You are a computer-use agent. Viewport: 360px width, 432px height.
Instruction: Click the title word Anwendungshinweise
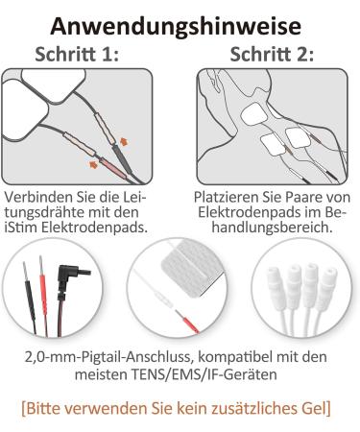tap(176, 27)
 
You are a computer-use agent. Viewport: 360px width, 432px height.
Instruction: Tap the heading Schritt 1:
tap(77, 54)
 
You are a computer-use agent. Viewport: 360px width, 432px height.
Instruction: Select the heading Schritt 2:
tap(272, 54)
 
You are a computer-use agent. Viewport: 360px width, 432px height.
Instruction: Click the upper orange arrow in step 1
tap(124, 141)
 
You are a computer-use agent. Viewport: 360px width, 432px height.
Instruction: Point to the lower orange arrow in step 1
tap(93, 164)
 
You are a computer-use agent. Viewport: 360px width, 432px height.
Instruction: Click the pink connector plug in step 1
tap(114, 168)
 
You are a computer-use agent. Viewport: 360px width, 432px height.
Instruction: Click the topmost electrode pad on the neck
tap(253, 114)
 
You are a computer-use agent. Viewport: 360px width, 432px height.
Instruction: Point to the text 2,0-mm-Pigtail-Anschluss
tap(108, 357)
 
